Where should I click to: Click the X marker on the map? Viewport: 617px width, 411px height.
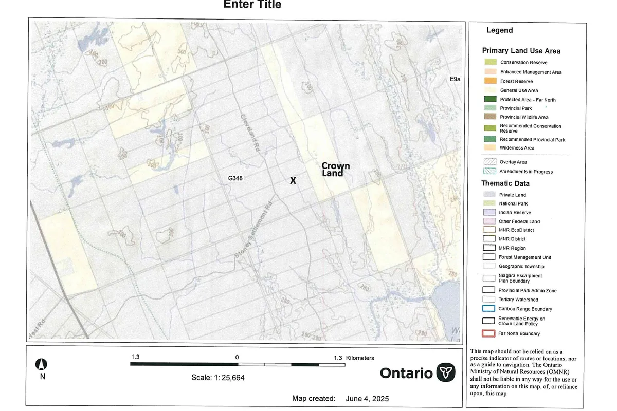click(293, 181)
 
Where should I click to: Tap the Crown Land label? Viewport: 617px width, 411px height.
click(336, 170)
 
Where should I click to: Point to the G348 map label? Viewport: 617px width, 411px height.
click(235, 179)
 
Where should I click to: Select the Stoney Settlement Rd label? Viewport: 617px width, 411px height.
click(252, 231)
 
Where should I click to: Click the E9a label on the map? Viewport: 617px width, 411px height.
click(456, 79)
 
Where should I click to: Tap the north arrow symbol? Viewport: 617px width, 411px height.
click(43, 365)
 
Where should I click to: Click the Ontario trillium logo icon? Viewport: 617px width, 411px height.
click(445, 372)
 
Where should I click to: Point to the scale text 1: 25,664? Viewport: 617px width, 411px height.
click(217, 377)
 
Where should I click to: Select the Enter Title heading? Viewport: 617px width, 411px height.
click(252, 5)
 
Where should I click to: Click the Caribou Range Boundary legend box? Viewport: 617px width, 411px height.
click(489, 309)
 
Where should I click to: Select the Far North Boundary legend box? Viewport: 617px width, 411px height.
click(489, 333)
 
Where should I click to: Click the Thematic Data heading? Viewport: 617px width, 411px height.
click(505, 183)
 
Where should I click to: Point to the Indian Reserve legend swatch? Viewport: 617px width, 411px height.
click(489, 212)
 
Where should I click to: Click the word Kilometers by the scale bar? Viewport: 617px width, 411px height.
click(360, 358)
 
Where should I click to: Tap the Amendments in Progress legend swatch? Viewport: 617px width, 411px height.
click(489, 172)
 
